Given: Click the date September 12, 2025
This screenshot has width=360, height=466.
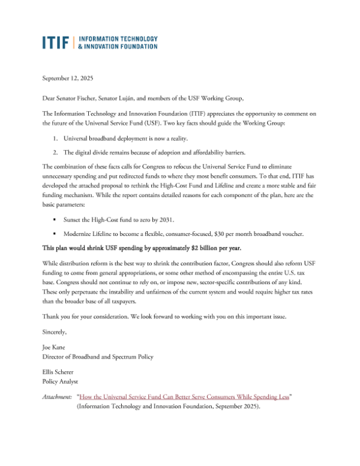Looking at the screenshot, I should tap(68, 78).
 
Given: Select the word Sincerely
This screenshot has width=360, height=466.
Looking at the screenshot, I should tap(55, 331).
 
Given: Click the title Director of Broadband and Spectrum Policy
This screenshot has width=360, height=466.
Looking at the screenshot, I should tap(97, 356).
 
